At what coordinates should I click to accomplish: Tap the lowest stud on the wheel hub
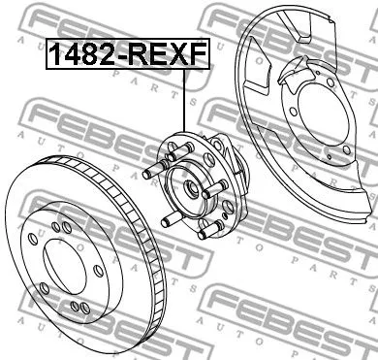200,233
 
